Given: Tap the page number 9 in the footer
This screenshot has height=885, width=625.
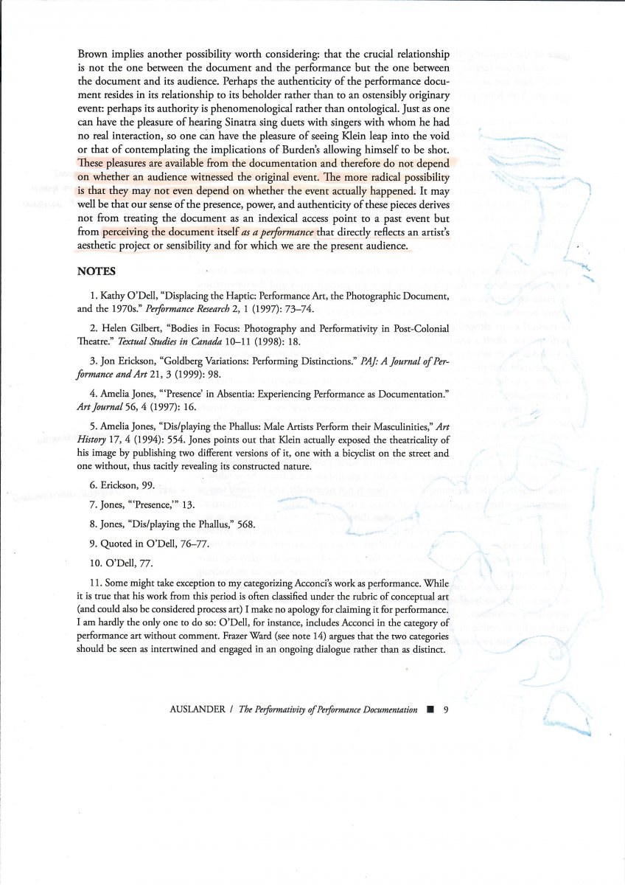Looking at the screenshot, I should click(446, 709).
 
